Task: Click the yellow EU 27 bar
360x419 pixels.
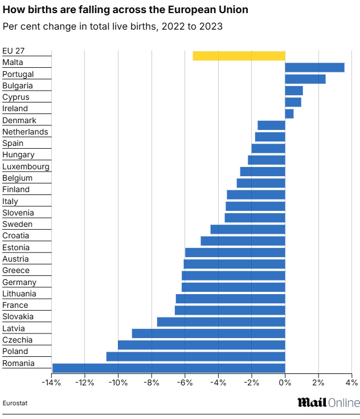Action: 239,55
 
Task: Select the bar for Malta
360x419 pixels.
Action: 314,67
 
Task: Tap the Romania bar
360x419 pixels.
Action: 169,368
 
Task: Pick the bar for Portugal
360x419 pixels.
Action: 305,79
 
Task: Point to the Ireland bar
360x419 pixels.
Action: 289,113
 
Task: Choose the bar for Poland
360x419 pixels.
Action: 195,356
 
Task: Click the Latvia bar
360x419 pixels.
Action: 208,333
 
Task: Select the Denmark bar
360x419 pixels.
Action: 271,125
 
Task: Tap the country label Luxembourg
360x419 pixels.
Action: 26,166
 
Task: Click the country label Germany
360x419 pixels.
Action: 19,282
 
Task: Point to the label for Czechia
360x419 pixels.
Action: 18,340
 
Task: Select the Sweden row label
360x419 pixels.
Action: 17,224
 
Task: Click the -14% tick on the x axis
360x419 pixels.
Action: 51,382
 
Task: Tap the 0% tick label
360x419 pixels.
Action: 285,382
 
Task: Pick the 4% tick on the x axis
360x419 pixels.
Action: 351,382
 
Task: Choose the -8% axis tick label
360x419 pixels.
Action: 152,382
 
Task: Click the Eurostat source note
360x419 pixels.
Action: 15,403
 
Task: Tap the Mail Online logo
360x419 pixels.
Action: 328,402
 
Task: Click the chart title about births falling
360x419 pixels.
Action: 125,10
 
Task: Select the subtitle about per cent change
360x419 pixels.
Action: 112,26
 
